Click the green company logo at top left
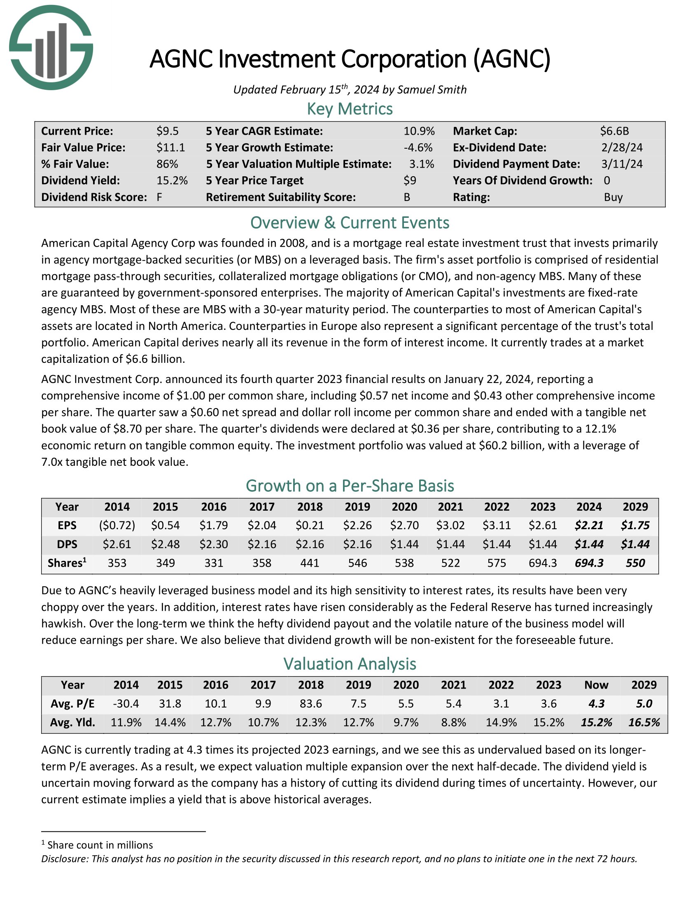(51, 47)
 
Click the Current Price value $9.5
(167, 131)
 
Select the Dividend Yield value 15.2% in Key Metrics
(172, 180)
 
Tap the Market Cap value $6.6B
(614, 131)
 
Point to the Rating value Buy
(613, 197)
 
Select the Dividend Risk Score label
(94, 197)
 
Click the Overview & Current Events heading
(350, 223)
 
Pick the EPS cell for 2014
(117, 525)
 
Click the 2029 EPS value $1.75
(635, 525)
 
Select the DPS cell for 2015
(165, 544)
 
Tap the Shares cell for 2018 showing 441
(310, 563)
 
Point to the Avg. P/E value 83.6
(310, 703)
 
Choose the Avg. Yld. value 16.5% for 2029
(644, 722)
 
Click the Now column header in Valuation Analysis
(596, 684)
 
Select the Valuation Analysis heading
(350, 664)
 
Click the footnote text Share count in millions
(100, 845)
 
